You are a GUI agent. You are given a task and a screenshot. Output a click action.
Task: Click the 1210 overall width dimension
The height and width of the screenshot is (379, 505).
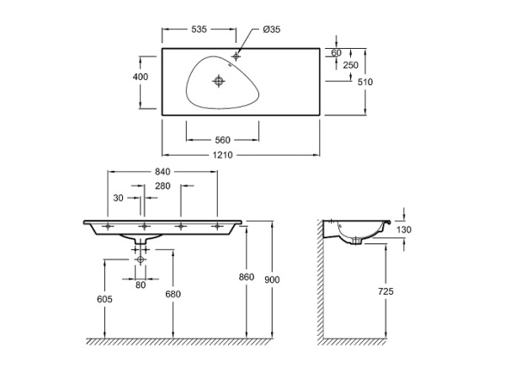click(222, 156)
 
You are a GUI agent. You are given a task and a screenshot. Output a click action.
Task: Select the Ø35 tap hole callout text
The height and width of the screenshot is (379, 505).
click(271, 29)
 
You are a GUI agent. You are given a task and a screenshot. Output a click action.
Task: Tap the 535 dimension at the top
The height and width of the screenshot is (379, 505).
click(199, 29)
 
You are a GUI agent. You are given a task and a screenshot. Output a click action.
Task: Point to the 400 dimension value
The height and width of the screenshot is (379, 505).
click(141, 77)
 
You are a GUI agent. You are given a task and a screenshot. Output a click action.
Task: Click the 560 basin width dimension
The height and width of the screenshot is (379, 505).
click(222, 140)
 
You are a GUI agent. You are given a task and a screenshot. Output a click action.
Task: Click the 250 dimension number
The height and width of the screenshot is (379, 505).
click(351, 66)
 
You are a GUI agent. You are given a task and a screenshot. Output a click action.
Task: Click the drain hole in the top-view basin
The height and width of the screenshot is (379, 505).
click(220, 82)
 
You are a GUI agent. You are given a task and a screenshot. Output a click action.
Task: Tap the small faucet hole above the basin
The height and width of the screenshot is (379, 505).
click(236, 56)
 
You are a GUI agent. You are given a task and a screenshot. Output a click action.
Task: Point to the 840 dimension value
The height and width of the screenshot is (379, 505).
click(162, 172)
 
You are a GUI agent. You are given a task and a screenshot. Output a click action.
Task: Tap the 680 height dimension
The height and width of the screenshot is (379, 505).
click(173, 294)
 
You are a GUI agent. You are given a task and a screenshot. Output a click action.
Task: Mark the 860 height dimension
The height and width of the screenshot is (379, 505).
click(247, 277)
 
